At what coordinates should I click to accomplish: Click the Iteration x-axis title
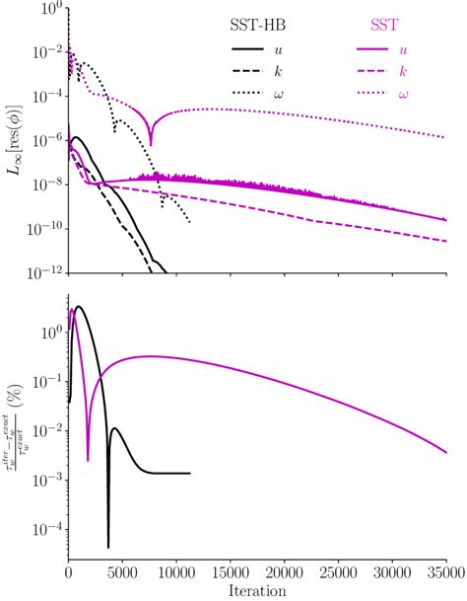(x=256, y=591)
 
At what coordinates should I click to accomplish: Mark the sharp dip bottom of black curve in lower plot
(x=108, y=546)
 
